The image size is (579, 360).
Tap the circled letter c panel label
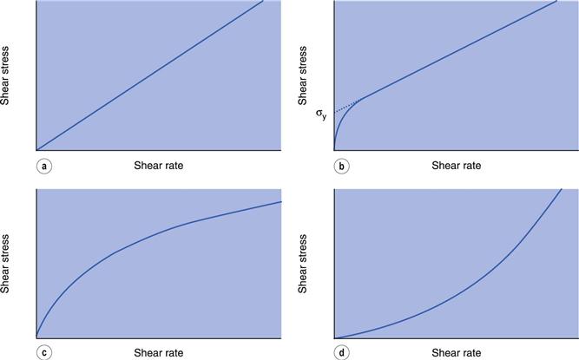(x=43, y=352)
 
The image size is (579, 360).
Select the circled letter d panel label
(x=342, y=352)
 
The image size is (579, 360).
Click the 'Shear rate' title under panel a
(x=159, y=165)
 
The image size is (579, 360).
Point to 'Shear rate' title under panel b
(x=457, y=165)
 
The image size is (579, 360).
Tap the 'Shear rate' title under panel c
(x=159, y=352)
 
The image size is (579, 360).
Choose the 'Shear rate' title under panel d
(x=457, y=352)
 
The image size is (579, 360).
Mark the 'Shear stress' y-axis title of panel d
(x=304, y=262)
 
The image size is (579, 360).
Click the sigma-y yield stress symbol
(x=322, y=113)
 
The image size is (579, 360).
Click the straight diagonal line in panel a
(x=149, y=75)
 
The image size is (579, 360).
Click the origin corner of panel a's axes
(x=36, y=150)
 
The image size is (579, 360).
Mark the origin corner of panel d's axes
(x=334, y=337)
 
